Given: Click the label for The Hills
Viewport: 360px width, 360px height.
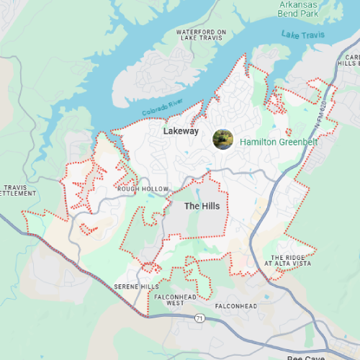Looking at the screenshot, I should coord(202,206).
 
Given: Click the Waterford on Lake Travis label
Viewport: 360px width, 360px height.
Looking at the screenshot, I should coord(202,36).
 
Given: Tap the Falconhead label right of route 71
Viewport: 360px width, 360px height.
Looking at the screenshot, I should coord(235,307).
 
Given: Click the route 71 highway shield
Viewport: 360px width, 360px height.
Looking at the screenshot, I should coord(198,318).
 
